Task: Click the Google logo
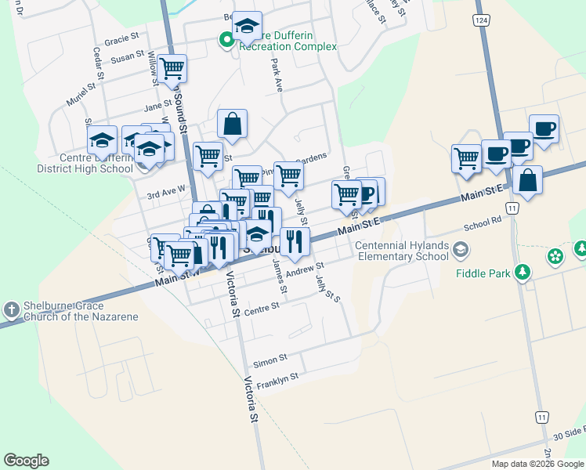click(26, 461)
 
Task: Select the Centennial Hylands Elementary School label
click(403, 251)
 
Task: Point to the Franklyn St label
click(277, 378)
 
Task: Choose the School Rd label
click(482, 223)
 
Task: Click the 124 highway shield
click(482, 19)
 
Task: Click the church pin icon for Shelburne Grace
click(11, 310)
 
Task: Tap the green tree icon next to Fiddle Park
click(520, 273)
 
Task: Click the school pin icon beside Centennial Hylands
click(461, 251)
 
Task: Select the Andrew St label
click(304, 269)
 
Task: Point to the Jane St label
click(157, 106)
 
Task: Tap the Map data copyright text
click(537, 464)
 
